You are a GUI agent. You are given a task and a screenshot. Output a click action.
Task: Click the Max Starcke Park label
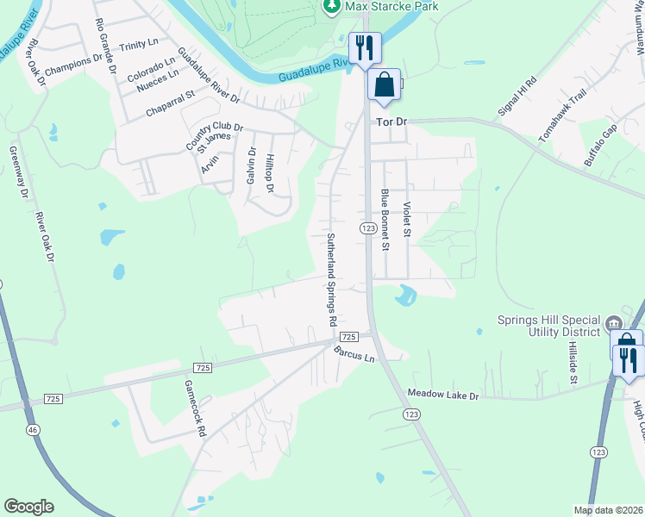click(x=392, y=6)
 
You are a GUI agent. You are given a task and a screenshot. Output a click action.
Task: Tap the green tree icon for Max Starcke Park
click(x=332, y=6)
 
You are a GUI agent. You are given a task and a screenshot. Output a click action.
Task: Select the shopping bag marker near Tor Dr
click(x=384, y=85)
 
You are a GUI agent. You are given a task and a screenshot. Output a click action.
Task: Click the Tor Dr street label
click(x=391, y=122)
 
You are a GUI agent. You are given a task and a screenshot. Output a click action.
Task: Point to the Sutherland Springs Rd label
click(x=330, y=277)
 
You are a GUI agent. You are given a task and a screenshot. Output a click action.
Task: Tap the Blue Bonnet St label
click(x=385, y=221)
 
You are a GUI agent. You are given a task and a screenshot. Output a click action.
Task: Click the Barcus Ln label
click(x=355, y=352)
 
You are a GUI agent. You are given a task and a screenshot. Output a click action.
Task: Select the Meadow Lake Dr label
click(x=443, y=395)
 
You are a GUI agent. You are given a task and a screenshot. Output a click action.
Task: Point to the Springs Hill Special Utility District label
click(x=549, y=325)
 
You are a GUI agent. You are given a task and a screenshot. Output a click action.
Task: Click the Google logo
click(x=28, y=507)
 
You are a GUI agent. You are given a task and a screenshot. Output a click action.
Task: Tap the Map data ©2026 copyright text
click(x=607, y=510)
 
